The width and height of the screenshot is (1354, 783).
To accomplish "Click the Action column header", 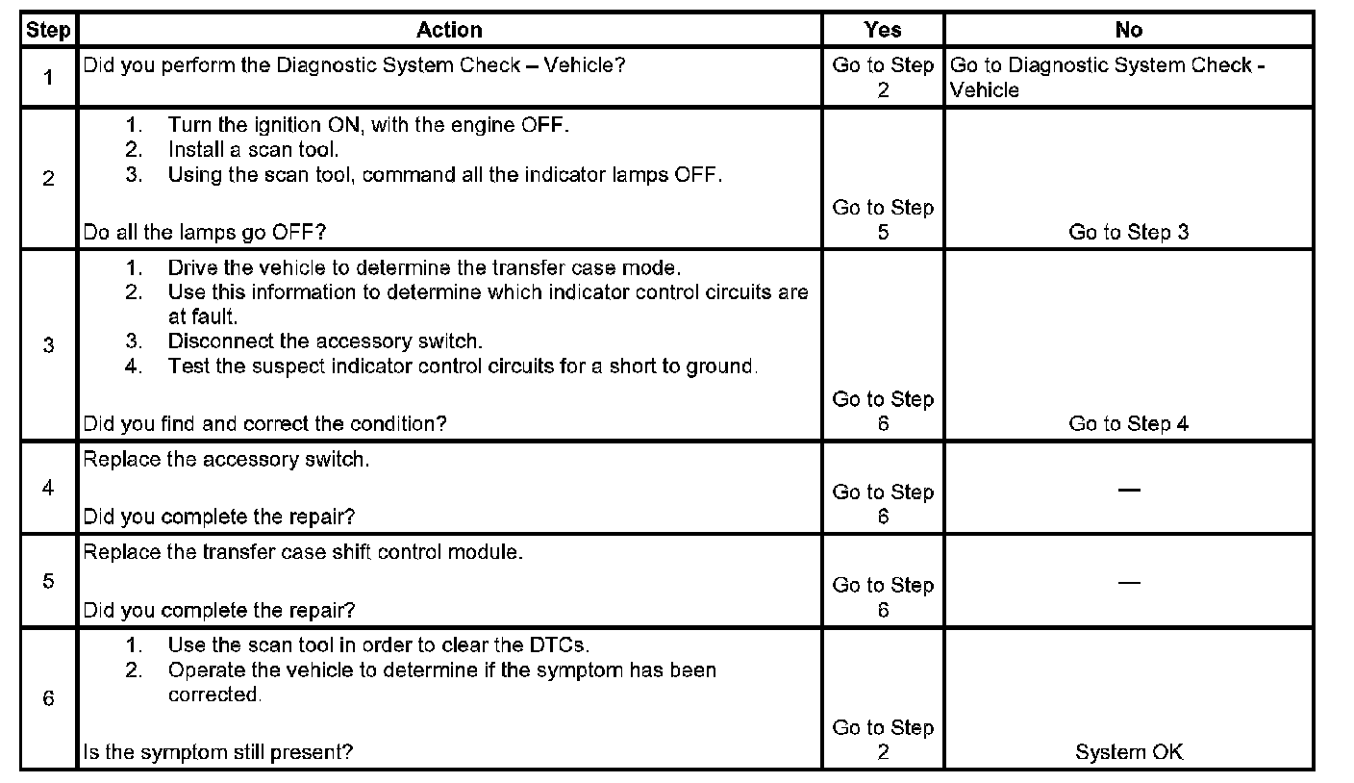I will tap(449, 30).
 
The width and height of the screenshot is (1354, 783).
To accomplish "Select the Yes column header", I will tap(883, 30).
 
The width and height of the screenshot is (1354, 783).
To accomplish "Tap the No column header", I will tap(1128, 30).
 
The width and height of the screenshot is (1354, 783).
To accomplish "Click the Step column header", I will tap(47, 30).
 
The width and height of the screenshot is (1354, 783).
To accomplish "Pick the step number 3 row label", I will tap(48, 345).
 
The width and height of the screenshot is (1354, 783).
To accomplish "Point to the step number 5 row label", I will tap(48, 581).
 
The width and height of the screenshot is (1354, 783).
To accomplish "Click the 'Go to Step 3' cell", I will tap(1128, 232).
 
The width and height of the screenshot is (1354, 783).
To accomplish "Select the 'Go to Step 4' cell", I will tap(1128, 423).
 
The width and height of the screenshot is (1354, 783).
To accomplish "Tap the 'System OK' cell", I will tap(1128, 752).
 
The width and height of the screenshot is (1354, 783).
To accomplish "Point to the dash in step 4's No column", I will tap(1129, 490).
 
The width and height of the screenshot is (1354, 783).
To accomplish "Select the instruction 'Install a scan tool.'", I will tap(253, 150).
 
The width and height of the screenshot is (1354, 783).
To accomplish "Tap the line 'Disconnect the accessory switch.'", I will tap(325, 341).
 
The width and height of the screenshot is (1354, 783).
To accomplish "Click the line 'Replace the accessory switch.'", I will tap(226, 459).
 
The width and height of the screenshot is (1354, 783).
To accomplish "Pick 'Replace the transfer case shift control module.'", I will tap(303, 553).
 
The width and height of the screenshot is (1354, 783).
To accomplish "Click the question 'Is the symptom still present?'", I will tap(217, 752).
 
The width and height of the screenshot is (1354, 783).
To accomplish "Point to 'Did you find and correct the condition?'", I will tap(264, 423).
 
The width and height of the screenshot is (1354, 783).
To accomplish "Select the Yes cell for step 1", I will tap(883, 77).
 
